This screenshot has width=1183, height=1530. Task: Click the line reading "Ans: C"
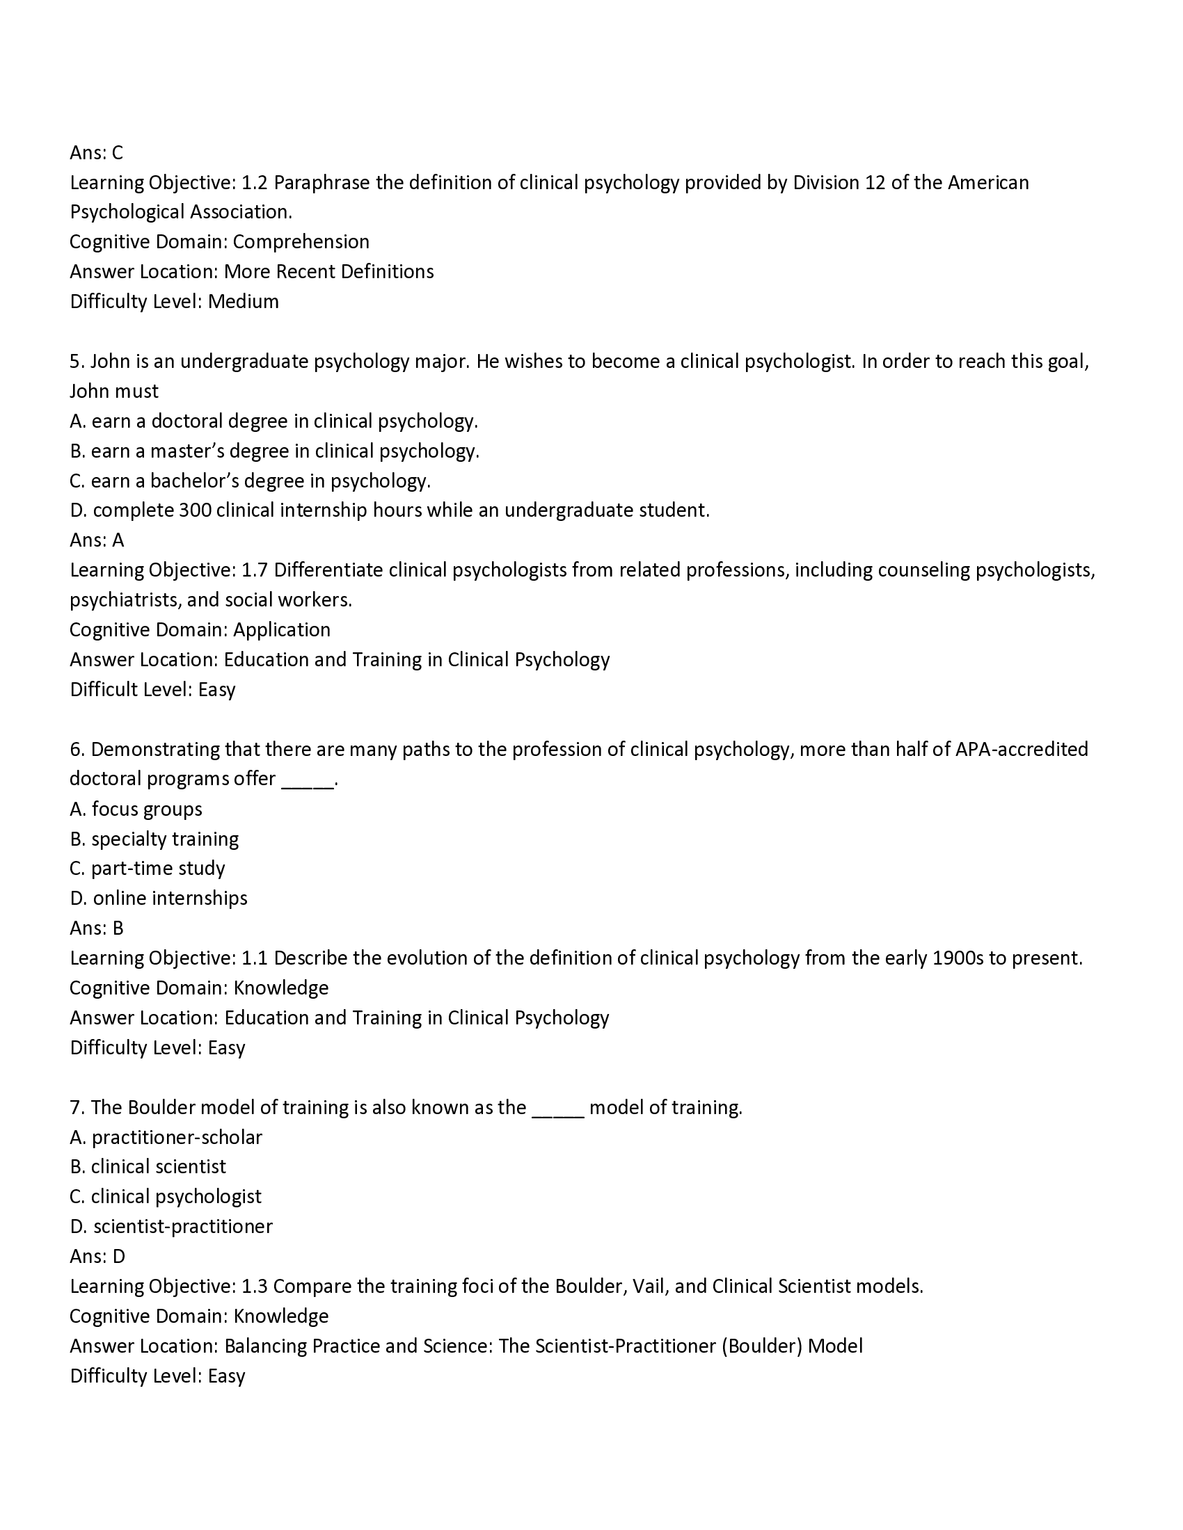[96, 153]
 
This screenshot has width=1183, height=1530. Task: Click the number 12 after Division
[875, 183]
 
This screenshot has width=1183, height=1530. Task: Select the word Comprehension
[301, 243]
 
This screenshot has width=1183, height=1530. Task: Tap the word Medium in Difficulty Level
[243, 302]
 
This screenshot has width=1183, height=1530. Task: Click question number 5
[77, 362]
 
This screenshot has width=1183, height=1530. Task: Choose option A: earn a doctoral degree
[273, 421]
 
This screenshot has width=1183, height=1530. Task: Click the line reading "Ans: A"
[97, 540]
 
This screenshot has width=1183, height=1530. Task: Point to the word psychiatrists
[124, 600]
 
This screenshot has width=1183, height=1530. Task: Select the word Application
[282, 630]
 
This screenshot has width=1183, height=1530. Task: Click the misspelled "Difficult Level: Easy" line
[152, 690]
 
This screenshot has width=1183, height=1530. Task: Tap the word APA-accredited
[1021, 750]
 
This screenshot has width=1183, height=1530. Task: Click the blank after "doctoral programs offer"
[308, 780]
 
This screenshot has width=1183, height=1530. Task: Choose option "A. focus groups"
[136, 809]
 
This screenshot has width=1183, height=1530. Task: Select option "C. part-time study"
[147, 869]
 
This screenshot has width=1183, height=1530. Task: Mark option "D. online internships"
[159, 899]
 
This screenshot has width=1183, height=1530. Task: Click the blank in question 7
[558, 1109]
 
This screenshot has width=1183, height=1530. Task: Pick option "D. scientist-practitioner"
[171, 1227]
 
